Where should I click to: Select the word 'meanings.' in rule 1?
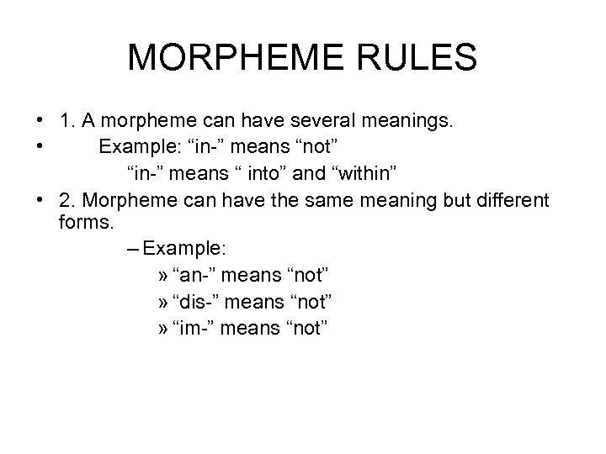click(402, 123)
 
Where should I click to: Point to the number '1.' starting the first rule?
click(69, 123)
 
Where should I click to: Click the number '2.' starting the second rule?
click(69, 202)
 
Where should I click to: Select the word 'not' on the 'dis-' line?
click(311, 302)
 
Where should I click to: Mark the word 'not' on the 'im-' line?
click(305, 328)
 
